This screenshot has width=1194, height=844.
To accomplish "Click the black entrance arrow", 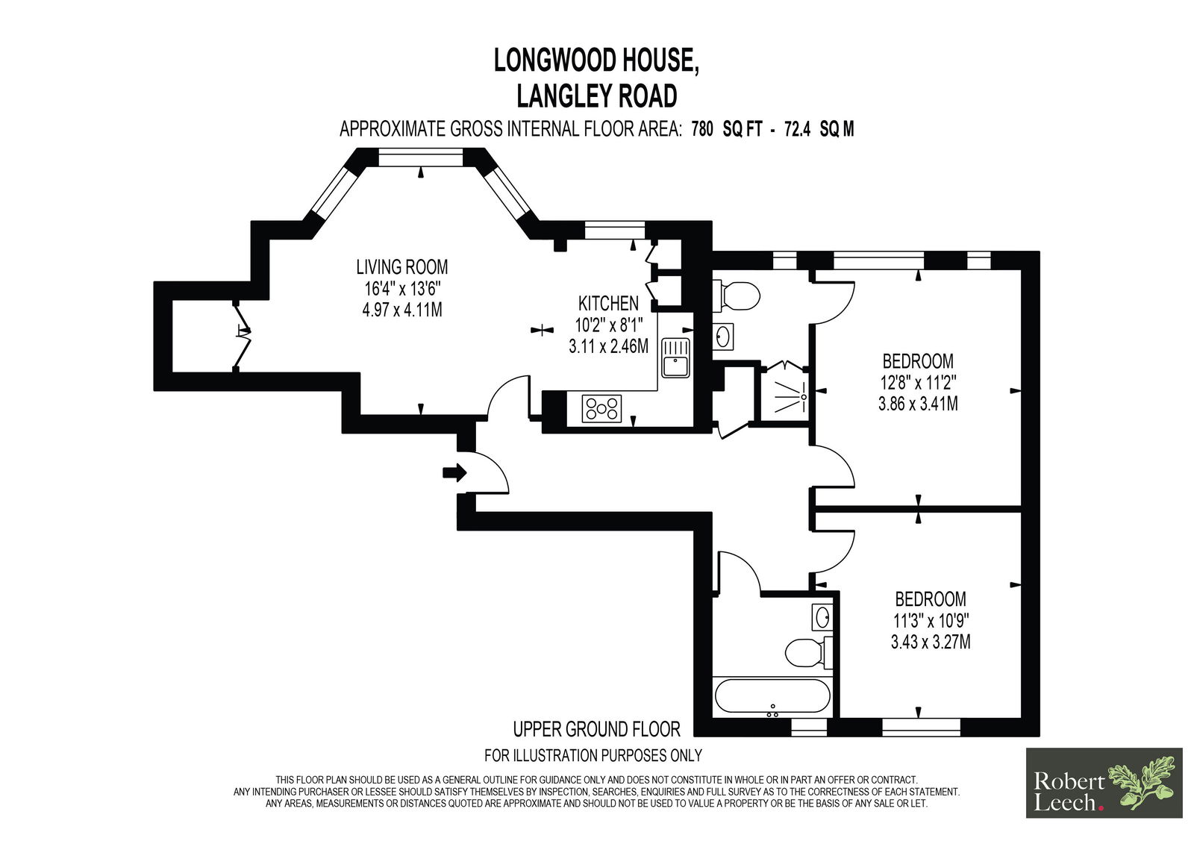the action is [x=454, y=472].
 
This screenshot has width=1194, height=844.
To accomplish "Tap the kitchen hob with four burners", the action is [x=601, y=408].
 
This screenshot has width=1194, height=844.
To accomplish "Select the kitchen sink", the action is [x=676, y=357].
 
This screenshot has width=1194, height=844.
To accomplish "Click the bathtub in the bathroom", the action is [x=772, y=695].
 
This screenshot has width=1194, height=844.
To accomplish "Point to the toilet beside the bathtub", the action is [x=808, y=653].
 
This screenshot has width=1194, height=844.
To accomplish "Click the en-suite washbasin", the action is [x=723, y=337].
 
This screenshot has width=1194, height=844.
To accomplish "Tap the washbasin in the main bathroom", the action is [x=822, y=617].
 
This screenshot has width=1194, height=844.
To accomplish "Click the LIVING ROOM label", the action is [x=402, y=266].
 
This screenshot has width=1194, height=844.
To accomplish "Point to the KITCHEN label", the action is [x=608, y=304].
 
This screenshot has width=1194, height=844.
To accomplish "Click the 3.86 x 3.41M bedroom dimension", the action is [x=918, y=404].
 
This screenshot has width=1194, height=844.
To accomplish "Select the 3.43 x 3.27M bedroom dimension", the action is [x=930, y=642].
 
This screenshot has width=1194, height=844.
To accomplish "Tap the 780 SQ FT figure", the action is [x=727, y=129].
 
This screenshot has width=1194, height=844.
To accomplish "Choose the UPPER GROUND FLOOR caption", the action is [x=596, y=729].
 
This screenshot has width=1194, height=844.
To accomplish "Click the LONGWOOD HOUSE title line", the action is [x=596, y=60].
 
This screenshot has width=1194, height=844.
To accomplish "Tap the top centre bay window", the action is [x=421, y=157].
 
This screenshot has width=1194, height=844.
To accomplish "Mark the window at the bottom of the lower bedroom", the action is [x=921, y=728].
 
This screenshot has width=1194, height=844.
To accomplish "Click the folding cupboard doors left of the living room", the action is [x=243, y=334].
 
